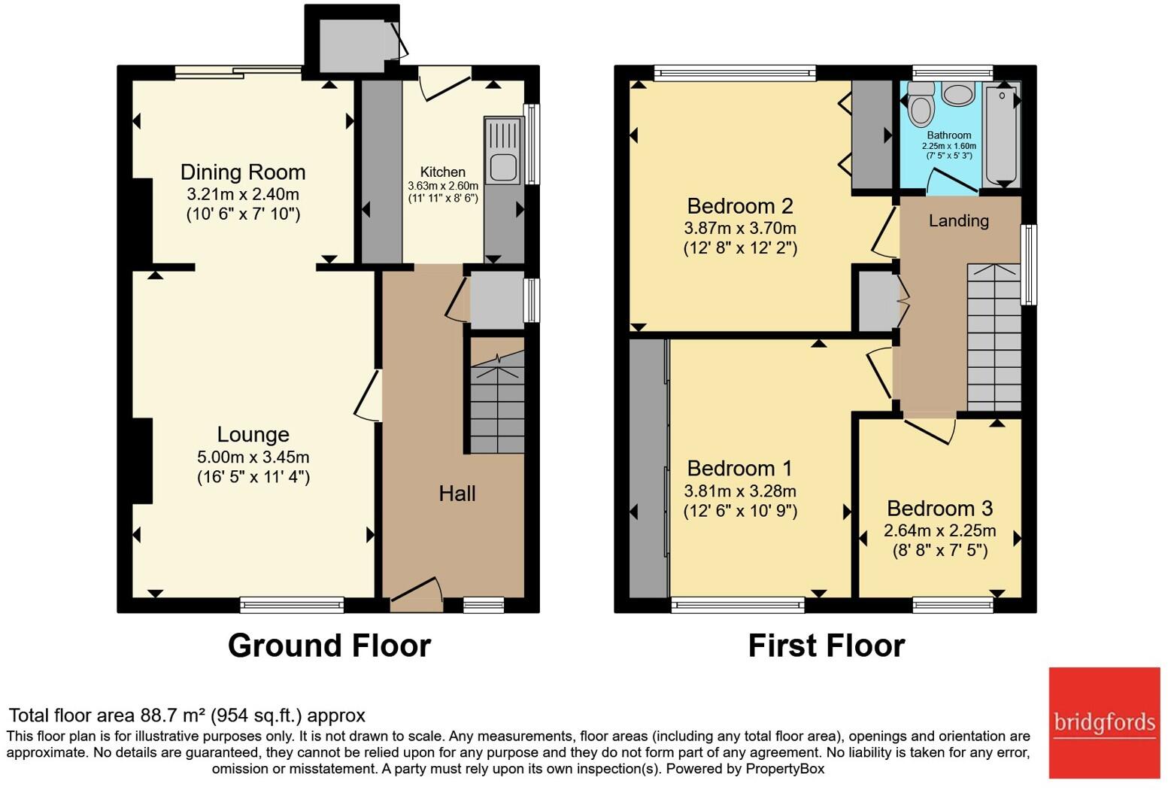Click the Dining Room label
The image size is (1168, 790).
pyautogui.click(x=242, y=172)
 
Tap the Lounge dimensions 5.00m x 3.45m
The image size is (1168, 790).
pyautogui.click(x=253, y=457)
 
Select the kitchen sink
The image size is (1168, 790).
pyautogui.click(x=503, y=150)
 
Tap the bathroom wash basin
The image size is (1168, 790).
pyautogui.click(x=958, y=95)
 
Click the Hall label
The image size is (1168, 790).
pyautogui.click(x=457, y=494)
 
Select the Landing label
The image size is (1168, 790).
pyautogui.click(x=958, y=220)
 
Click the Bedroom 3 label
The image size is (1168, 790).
pyautogui.click(x=939, y=508)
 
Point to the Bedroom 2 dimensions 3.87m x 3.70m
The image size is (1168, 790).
pyautogui.click(x=740, y=228)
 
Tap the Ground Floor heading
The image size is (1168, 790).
pyautogui.click(x=329, y=646)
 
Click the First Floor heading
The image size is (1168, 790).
pyautogui.click(x=827, y=646)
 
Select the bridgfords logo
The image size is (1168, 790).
pyautogui.click(x=1104, y=723)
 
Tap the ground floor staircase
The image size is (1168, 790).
pyautogui.click(x=497, y=401)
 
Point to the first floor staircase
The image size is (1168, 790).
pyautogui.click(x=994, y=338)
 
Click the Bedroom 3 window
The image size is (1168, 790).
pyautogui.click(x=953, y=605)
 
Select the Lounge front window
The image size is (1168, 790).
pyautogui.click(x=292, y=605)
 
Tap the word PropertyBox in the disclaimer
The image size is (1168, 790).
pyautogui.click(x=785, y=769)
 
